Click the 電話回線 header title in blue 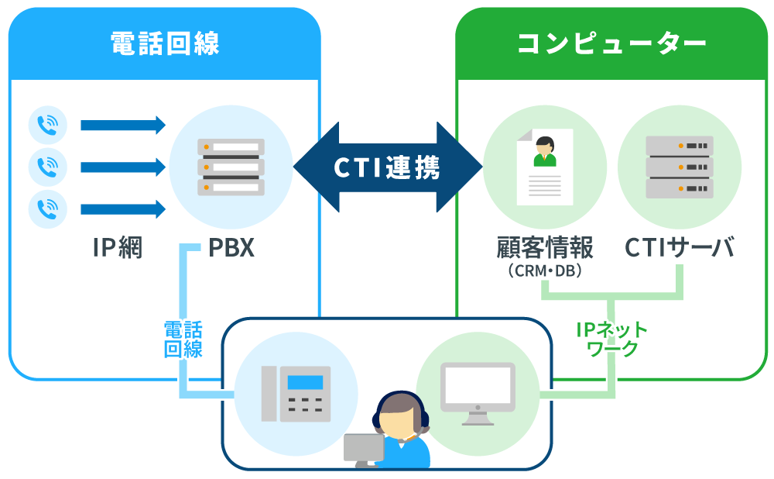coord(164,43)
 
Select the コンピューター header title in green coord(611,43)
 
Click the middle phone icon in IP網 coord(48,167)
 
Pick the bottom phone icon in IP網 coord(48,208)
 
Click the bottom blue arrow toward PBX coord(123,208)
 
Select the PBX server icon coord(230,167)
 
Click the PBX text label coord(231,249)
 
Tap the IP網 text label coord(117,249)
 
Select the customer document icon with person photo coord(544,167)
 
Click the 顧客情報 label coord(544,249)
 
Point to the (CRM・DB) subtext coord(544,271)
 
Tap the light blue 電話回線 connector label coord(183,339)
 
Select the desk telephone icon coord(294,393)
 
